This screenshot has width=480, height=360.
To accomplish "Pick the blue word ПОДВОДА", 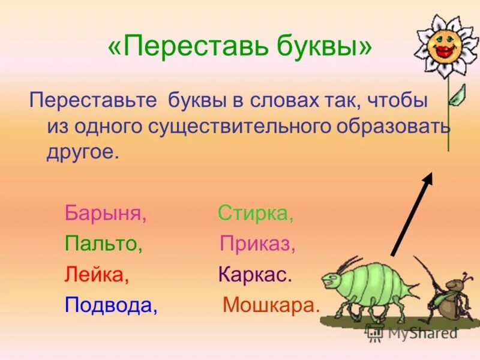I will click(x=111, y=305).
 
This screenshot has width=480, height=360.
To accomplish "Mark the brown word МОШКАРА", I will click(x=271, y=305).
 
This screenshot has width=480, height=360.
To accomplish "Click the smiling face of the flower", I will click(x=447, y=45).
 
